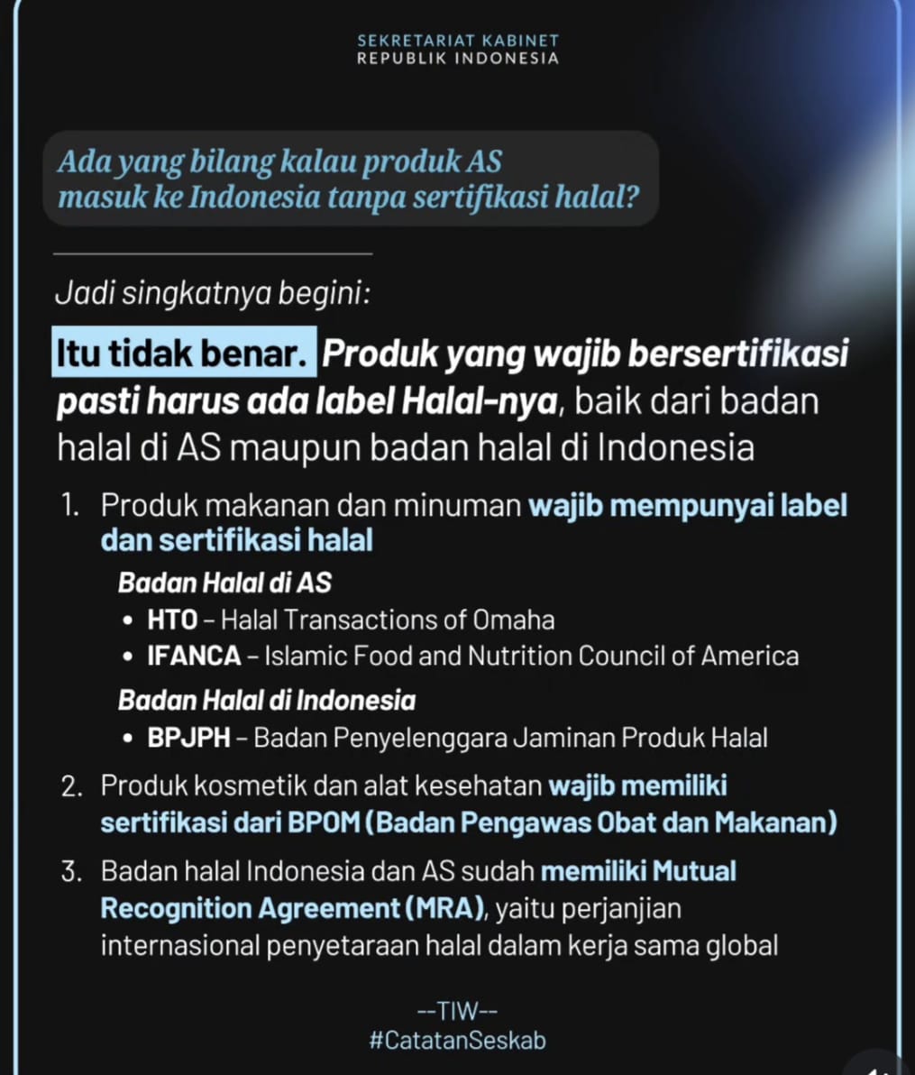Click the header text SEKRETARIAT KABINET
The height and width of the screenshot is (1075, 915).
[x=458, y=41]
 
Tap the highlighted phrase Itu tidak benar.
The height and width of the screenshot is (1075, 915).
[x=185, y=353]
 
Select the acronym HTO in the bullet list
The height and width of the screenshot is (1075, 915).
[x=172, y=620]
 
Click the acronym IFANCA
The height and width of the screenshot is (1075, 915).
[x=194, y=656]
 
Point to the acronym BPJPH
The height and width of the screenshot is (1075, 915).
[x=188, y=738]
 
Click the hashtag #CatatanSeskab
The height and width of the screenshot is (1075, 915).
[x=457, y=1040]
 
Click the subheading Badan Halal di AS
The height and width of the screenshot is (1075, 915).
[x=224, y=583]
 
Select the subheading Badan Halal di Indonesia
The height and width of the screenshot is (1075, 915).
[x=267, y=701]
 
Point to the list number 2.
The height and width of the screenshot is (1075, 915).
[x=71, y=786]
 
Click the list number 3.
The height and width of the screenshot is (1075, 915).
[x=71, y=872]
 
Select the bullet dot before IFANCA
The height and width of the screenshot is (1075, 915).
[x=128, y=657]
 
